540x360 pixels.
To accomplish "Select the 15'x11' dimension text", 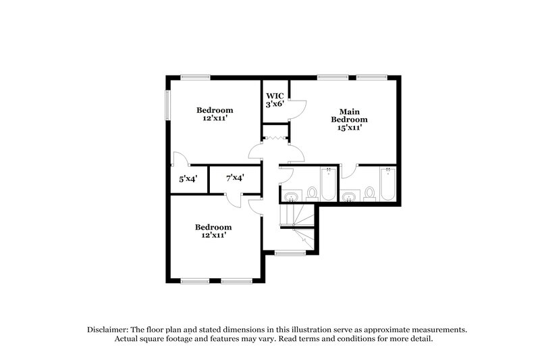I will (349, 127).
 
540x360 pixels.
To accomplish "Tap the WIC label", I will (274, 96).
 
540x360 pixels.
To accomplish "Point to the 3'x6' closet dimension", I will (274, 105).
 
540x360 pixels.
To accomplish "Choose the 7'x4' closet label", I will (235, 178).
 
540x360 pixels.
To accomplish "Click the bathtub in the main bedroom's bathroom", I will (387, 184).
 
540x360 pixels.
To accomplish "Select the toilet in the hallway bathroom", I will (312, 193).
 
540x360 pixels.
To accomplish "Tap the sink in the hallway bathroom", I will (291, 197).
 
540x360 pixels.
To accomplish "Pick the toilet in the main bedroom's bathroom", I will (369, 193).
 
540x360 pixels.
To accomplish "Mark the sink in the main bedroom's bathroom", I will (349, 197).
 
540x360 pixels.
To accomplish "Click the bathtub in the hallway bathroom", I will (328, 184).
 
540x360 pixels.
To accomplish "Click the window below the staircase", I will (290, 253).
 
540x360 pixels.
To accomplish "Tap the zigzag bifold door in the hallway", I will (275, 138).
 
